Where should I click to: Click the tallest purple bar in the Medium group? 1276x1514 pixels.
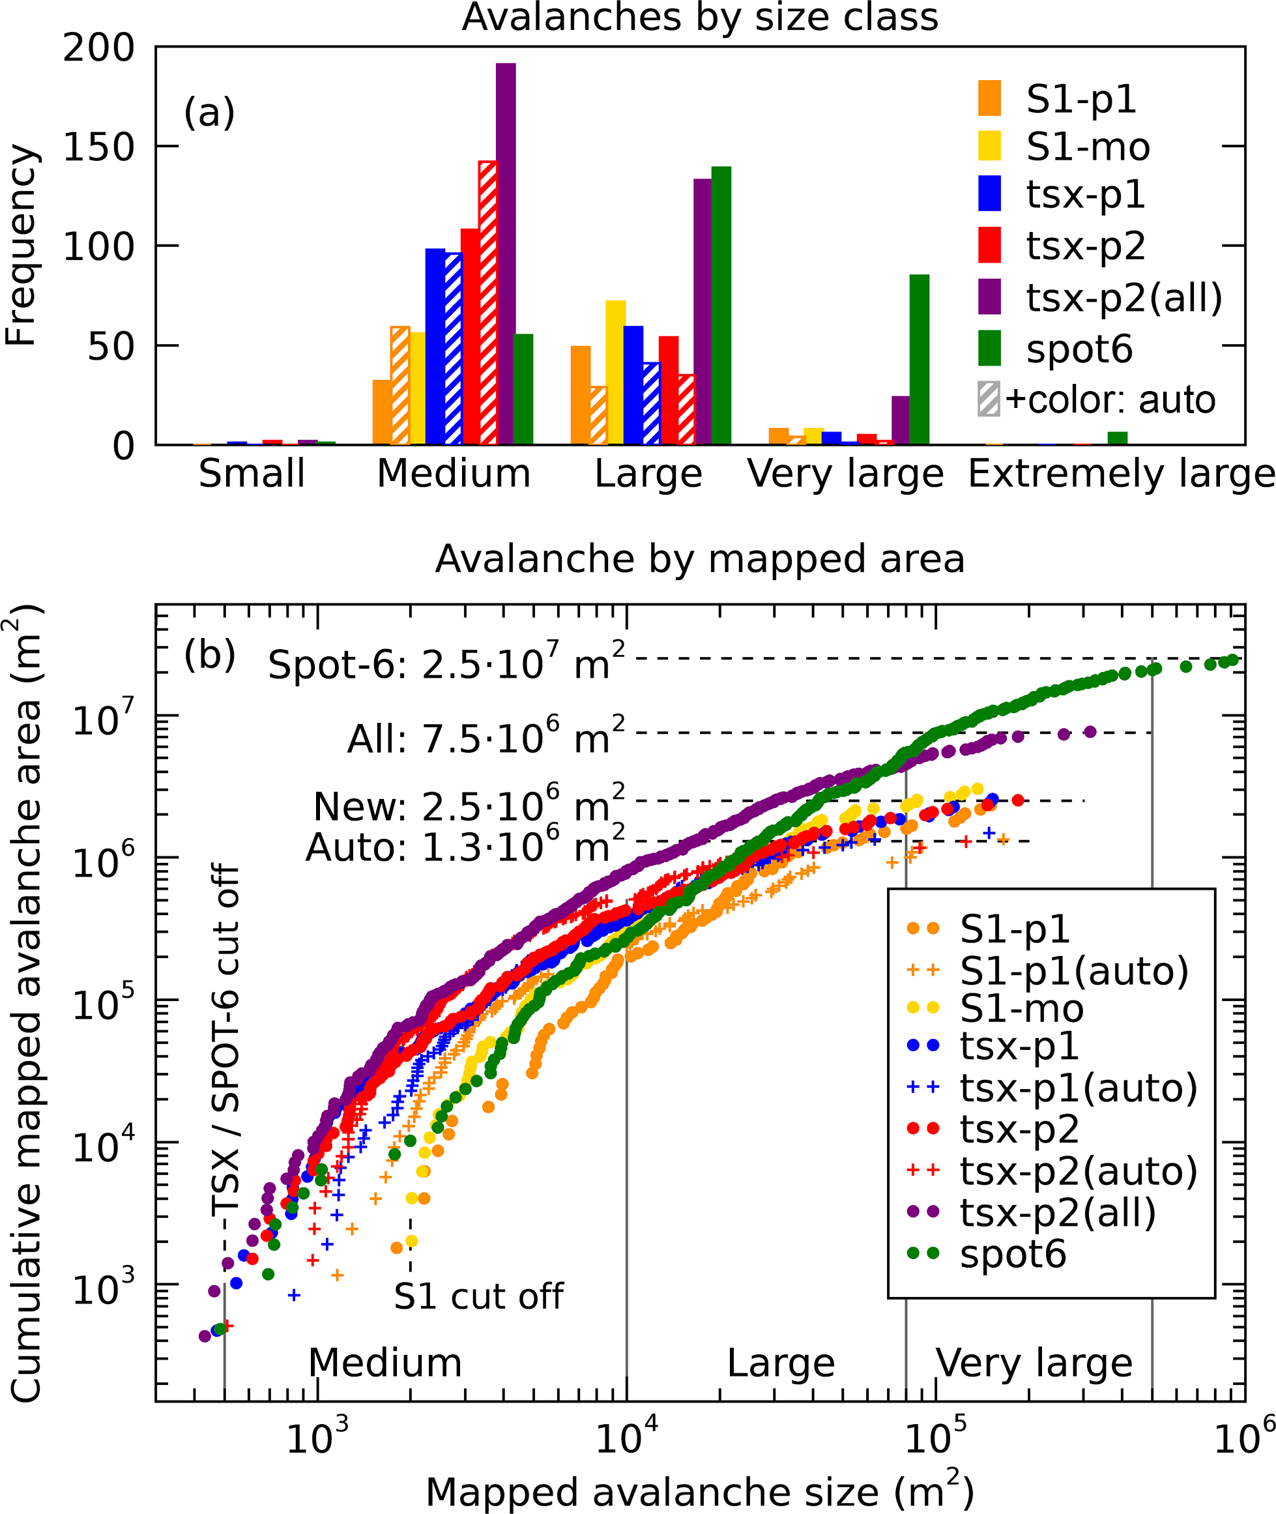506,253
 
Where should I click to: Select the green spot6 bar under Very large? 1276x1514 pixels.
920,360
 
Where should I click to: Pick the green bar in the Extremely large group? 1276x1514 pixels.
1118,439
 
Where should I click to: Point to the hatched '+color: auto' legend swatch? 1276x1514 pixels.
989,400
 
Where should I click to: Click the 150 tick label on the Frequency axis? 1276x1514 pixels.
99,147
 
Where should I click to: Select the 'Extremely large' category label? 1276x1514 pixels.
1120,474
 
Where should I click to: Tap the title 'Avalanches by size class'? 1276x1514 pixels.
699,17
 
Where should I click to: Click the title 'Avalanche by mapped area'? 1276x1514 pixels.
699,559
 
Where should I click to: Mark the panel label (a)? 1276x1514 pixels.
209,113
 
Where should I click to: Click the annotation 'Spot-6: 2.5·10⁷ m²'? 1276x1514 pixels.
446,663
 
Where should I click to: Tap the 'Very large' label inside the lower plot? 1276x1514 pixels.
1034,1363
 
